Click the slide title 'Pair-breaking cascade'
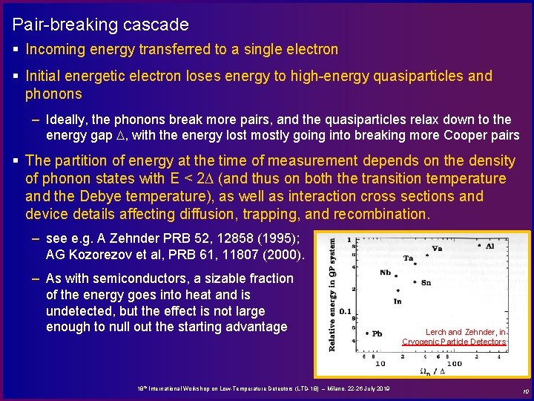pos(100,25)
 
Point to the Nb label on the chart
pos(385,273)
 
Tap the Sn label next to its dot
pos(426,283)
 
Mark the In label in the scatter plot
pos(398,301)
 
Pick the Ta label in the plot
pos(408,258)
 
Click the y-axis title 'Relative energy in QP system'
pos(331,294)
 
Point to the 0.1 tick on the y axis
pos(344,312)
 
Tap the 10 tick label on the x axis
pos(379,364)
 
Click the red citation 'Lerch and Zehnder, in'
pos(466,332)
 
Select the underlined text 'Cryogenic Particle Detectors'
pos(454,342)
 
